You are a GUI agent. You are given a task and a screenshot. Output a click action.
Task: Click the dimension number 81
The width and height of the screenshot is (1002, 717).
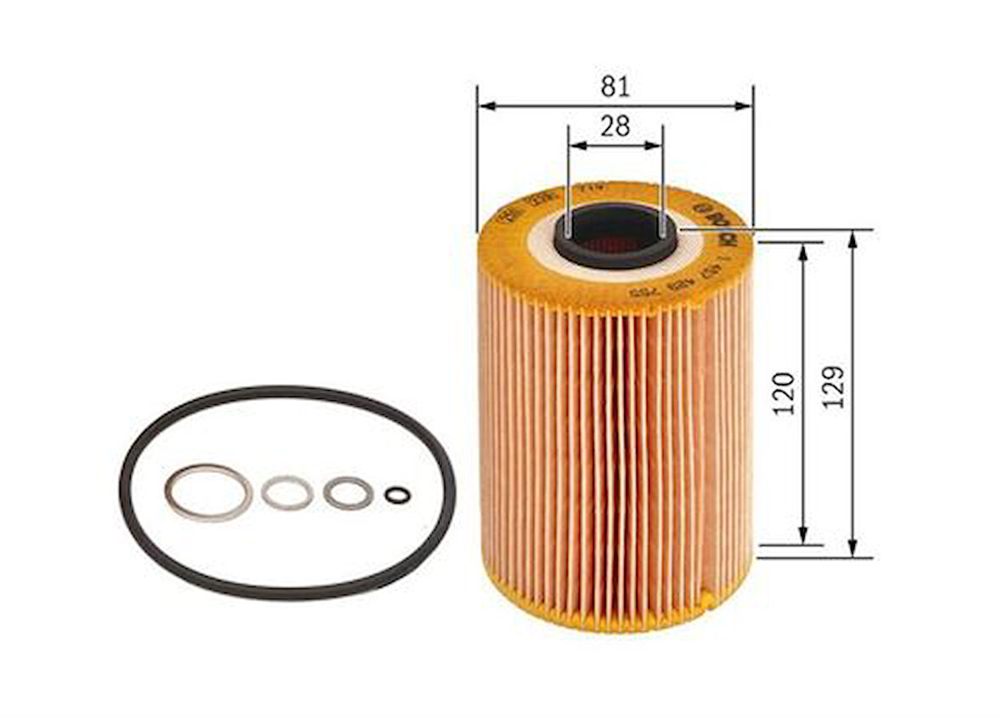615,87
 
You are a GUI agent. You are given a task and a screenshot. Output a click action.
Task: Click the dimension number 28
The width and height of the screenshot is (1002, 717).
615,127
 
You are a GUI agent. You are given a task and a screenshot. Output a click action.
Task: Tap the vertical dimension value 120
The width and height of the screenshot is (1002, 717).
785,392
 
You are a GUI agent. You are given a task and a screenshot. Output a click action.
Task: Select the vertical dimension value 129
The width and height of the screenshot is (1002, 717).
834,387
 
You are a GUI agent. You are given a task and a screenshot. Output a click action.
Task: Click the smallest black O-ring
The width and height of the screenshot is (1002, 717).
397,494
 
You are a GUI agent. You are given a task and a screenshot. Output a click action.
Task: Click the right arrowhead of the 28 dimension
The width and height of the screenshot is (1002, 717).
655,145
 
